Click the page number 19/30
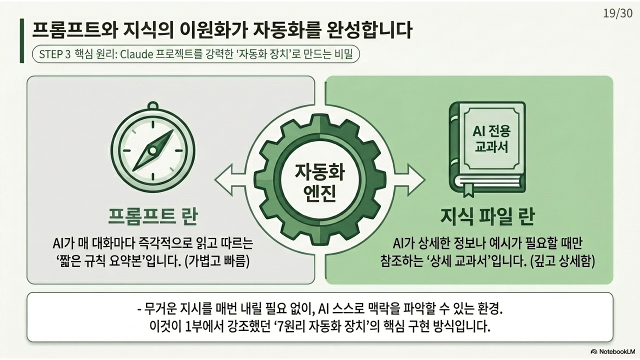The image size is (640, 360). (x=618, y=13)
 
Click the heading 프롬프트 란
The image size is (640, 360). (x=153, y=217)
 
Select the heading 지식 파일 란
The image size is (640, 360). (x=487, y=217)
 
